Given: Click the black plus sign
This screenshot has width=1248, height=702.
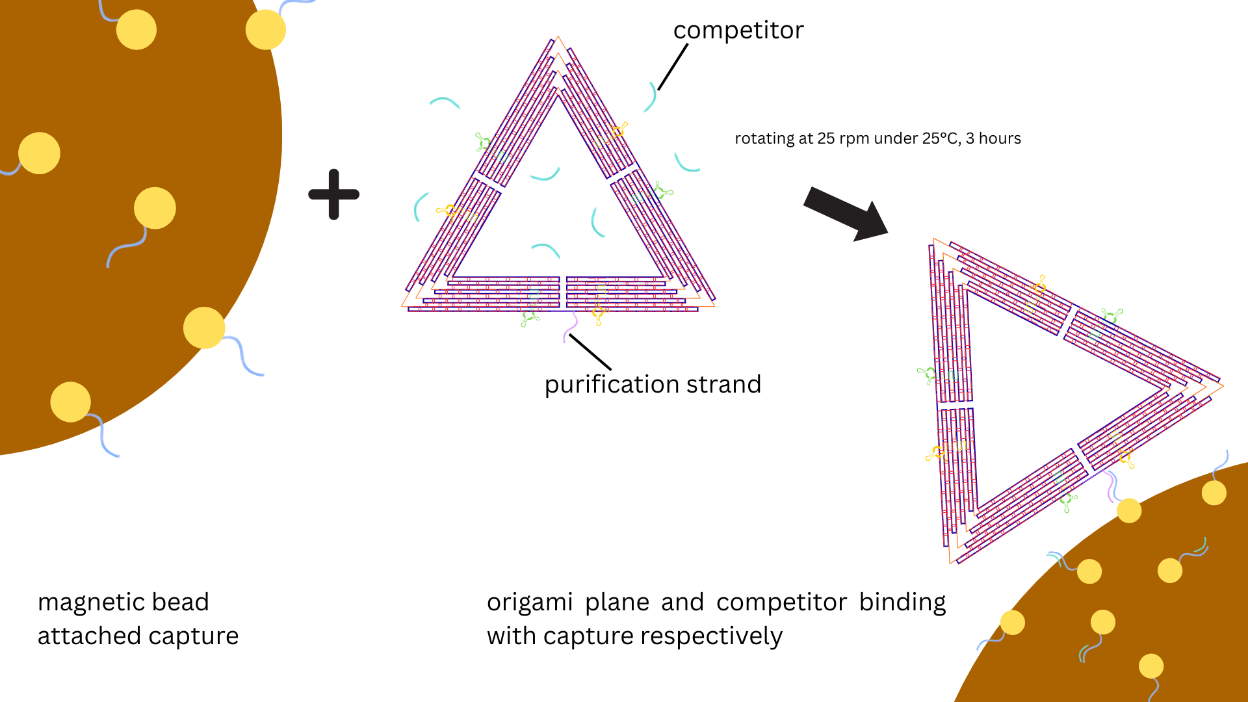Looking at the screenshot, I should [333, 194].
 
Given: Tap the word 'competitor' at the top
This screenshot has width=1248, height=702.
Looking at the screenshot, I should [738, 31].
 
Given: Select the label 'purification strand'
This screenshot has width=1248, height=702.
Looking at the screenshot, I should [653, 385].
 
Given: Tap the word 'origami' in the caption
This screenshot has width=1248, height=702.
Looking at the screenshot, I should [530, 603].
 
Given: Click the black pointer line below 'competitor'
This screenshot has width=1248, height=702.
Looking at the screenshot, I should [673, 67].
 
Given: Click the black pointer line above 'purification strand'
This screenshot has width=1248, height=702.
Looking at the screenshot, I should [590, 352].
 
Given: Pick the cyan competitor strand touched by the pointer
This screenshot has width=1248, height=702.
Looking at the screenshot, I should [651, 97].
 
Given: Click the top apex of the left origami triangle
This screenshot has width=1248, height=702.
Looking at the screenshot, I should [558, 39].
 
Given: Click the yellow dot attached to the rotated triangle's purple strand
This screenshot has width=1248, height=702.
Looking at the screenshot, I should [1129, 510].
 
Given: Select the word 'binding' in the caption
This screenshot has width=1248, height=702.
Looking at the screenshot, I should [902, 603].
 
